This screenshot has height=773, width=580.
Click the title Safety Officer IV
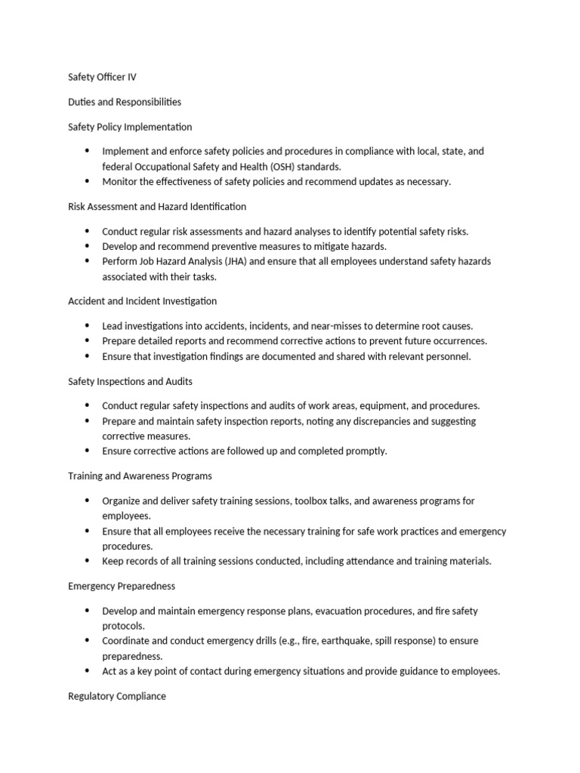[102, 77]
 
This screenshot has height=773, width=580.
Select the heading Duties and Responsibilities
[125, 102]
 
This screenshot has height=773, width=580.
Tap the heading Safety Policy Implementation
[130, 127]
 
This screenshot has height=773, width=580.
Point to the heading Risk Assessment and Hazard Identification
[157, 206]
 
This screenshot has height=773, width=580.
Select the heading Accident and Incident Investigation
[142, 301]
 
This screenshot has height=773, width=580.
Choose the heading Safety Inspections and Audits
[135, 381]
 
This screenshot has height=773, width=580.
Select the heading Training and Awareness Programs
[140, 476]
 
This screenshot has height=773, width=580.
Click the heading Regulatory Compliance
[117, 696]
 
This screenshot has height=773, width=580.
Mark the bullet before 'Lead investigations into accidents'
[88, 326]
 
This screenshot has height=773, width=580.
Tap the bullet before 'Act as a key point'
[88, 671]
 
